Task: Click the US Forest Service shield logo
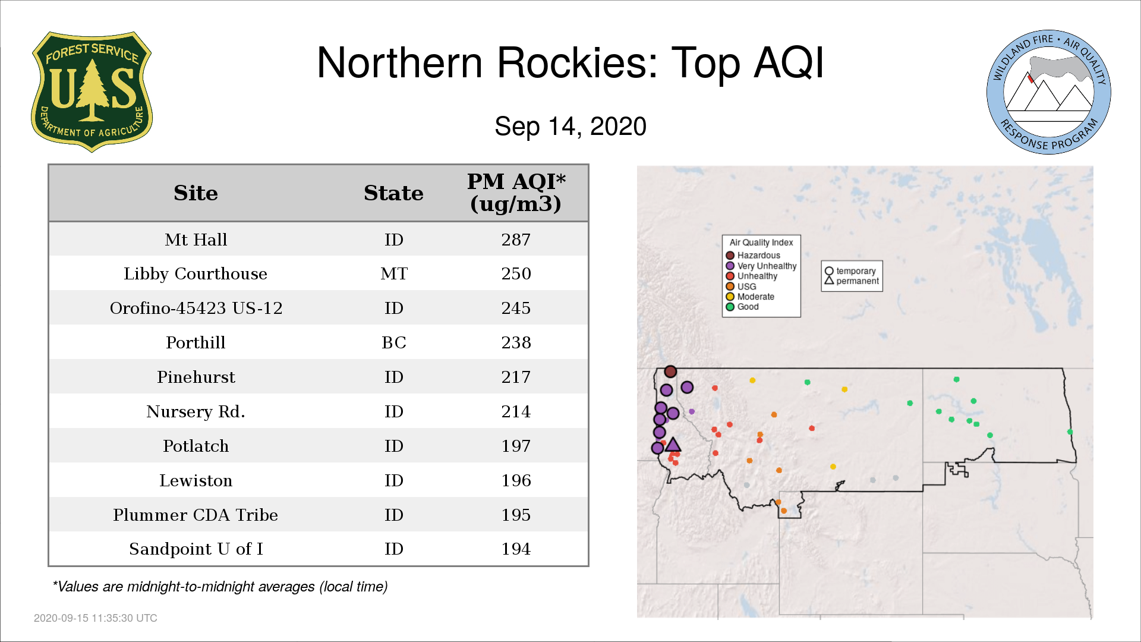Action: pyautogui.click(x=92, y=92)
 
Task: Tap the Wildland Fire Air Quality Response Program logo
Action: pyautogui.click(x=1048, y=92)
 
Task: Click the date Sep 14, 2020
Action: pyautogui.click(x=570, y=127)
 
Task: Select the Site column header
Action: pyautogui.click(x=196, y=193)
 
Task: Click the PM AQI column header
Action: pyautogui.click(x=516, y=193)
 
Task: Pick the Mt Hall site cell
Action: pyautogui.click(x=196, y=240)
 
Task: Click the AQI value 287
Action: pyautogui.click(x=516, y=240)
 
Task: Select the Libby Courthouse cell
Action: pyautogui.click(x=196, y=273)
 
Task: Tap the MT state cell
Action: pyautogui.click(x=394, y=273)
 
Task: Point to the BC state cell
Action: pyautogui.click(x=394, y=342)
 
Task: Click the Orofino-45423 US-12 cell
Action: pyautogui.click(x=196, y=308)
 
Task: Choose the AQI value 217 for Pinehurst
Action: pyautogui.click(x=516, y=377)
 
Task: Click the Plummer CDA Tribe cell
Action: pyautogui.click(x=196, y=515)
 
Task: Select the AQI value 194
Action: pyautogui.click(x=516, y=549)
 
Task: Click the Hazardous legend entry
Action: pyautogui.click(x=754, y=256)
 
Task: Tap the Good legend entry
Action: pyautogui.click(x=743, y=307)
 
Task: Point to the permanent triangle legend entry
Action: pyautogui.click(x=852, y=281)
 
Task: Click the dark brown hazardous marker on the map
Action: pyautogui.click(x=670, y=372)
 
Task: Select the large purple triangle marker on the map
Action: pyautogui.click(x=673, y=445)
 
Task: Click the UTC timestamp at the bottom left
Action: pyautogui.click(x=96, y=618)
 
